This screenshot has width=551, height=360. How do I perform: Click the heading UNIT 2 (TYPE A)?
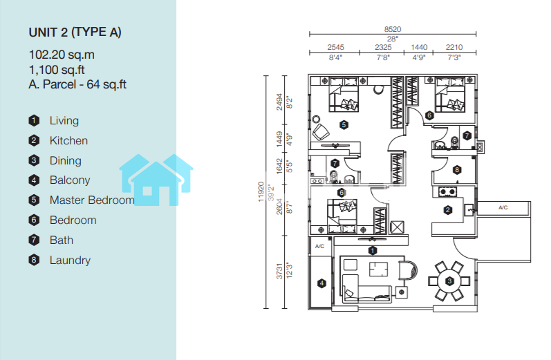(x=75, y=32)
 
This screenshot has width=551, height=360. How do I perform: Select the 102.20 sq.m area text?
(x=62, y=55)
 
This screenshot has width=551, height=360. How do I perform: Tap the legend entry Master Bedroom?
(x=92, y=200)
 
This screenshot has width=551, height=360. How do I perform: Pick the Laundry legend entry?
(x=70, y=260)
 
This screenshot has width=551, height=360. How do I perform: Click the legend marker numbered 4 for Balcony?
(x=34, y=180)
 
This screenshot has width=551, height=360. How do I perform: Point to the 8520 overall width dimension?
(x=393, y=29)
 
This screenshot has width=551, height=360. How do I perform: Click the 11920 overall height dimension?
(x=261, y=192)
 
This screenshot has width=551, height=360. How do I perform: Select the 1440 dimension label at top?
(x=419, y=47)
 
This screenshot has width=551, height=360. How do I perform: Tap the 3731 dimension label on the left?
(x=279, y=271)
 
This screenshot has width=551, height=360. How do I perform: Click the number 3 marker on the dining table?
(x=449, y=281)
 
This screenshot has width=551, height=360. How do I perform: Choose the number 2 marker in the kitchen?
(x=448, y=210)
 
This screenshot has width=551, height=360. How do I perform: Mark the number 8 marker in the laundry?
(x=457, y=170)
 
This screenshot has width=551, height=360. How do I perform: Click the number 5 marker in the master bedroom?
(x=344, y=124)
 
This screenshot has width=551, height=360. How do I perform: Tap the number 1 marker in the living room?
(x=373, y=251)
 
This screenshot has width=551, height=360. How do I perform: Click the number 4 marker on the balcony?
(x=321, y=283)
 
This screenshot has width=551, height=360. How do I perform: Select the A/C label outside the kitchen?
(x=503, y=207)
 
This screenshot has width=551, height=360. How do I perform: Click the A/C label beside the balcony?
(x=319, y=246)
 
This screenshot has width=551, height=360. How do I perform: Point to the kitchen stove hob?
(x=447, y=192)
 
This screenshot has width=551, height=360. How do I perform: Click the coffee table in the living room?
(x=378, y=269)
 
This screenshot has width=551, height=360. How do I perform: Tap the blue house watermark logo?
(x=156, y=180)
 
